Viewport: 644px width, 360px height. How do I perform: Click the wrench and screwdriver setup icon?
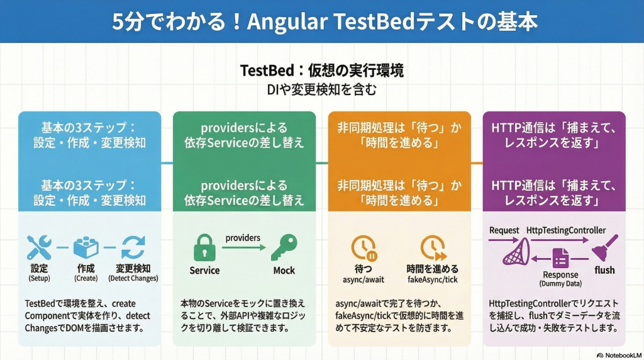(x=39, y=247)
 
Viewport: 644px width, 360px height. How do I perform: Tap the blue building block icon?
(x=86, y=247)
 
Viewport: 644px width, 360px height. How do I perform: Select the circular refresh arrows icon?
(x=133, y=247)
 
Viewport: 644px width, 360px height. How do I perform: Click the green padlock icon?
(x=204, y=247)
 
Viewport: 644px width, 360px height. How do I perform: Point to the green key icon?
(x=284, y=247)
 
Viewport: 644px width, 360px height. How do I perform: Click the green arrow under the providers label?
(x=244, y=247)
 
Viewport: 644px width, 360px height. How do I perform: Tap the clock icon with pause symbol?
(x=364, y=248)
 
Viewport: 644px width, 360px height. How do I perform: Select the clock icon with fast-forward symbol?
(x=433, y=248)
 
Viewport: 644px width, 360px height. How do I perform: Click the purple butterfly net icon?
(x=516, y=252)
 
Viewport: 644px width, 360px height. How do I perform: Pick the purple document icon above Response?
(x=560, y=259)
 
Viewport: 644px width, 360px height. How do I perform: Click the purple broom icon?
(x=604, y=248)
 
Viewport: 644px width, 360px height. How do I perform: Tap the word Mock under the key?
(x=284, y=271)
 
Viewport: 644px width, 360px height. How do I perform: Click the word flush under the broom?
(x=604, y=270)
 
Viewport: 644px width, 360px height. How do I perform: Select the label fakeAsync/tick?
(x=433, y=280)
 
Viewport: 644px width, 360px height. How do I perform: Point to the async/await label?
(x=364, y=280)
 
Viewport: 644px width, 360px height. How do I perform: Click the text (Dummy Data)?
(x=560, y=284)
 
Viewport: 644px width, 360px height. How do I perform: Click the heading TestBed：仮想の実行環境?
(x=322, y=70)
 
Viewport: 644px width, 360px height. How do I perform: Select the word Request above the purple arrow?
(x=504, y=230)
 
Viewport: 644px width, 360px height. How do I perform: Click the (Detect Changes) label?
(x=133, y=278)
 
